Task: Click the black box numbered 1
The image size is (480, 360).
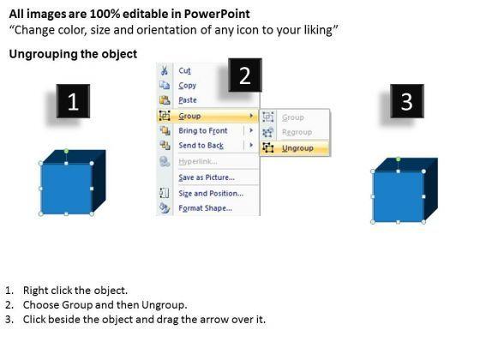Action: point(73,101)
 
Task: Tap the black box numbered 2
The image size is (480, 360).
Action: point(245,75)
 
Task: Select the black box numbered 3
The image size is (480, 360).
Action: point(407,101)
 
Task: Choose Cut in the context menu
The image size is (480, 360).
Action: point(184,71)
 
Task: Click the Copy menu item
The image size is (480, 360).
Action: point(188,86)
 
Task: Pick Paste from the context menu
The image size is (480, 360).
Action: point(188,100)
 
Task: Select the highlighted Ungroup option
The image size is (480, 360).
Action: point(297,148)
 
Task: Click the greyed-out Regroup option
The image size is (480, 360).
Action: point(297,132)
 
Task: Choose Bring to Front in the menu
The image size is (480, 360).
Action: point(203,130)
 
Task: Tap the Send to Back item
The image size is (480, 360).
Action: point(201,146)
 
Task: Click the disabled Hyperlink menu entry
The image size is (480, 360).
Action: point(198,161)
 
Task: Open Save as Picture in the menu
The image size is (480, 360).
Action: point(207,177)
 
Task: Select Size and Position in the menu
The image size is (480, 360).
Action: point(211,194)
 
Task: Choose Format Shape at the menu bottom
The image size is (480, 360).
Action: point(205,208)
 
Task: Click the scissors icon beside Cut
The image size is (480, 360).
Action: point(165,70)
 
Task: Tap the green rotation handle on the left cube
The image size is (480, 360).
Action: point(66,151)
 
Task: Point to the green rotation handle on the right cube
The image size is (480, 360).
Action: point(398,159)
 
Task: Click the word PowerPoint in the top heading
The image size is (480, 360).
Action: point(217,14)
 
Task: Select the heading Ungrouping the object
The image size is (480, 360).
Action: point(73,54)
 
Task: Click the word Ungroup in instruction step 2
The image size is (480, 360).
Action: point(164,305)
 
